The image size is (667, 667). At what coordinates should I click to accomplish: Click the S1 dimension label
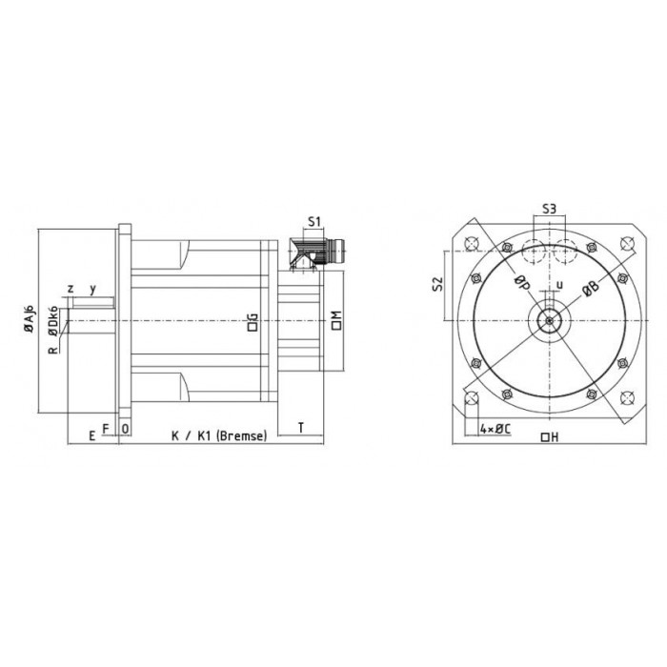pyautogui.click(x=313, y=221)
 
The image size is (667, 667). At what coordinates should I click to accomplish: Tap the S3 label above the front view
pyautogui.click(x=549, y=209)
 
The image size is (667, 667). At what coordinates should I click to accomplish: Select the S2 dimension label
pyautogui.click(x=437, y=284)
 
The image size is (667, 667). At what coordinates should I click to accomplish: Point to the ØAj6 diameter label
pyautogui.click(x=29, y=318)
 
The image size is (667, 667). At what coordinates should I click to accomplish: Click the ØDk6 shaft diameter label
pyautogui.click(x=52, y=321)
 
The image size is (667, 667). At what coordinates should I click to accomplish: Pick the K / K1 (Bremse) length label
pyautogui.click(x=219, y=435)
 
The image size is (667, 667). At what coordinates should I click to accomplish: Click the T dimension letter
pyautogui.click(x=301, y=427)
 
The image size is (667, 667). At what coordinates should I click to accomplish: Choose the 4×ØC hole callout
pyautogui.click(x=495, y=429)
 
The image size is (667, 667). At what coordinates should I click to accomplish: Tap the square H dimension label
pyautogui.click(x=550, y=436)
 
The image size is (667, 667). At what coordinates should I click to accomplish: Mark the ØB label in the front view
pyautogui.click(x=591, y=288)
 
